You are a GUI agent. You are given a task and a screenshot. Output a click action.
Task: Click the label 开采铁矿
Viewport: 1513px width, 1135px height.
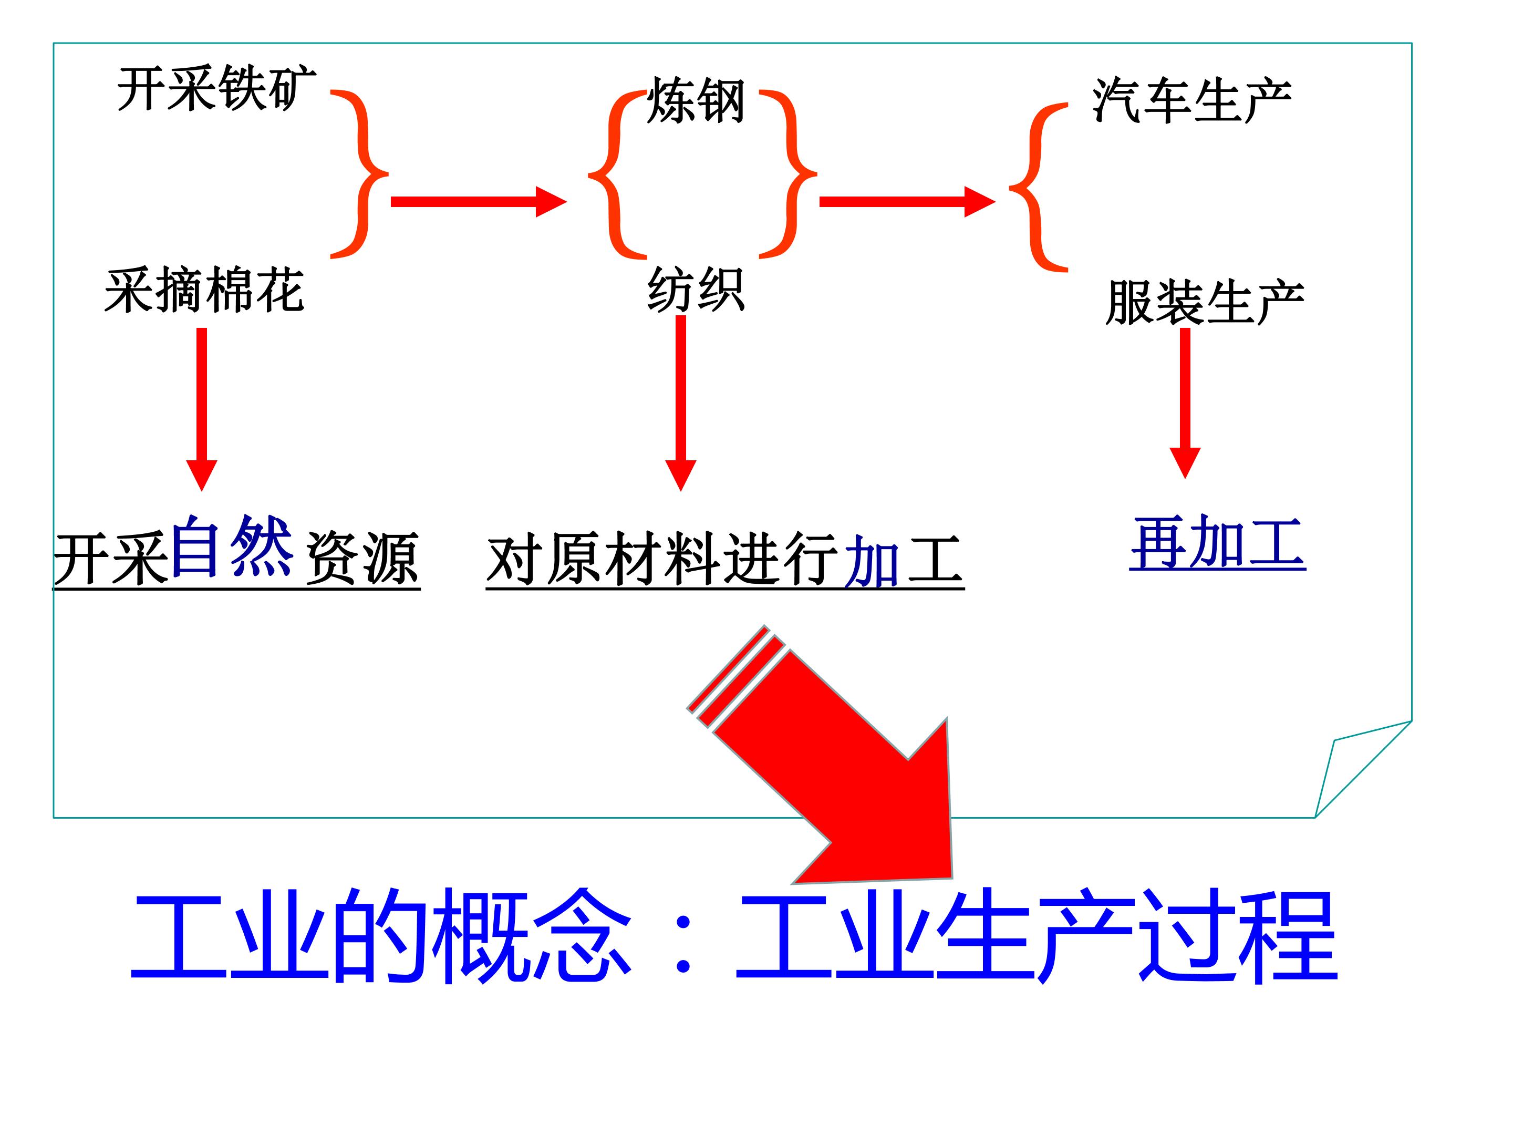[217, 89]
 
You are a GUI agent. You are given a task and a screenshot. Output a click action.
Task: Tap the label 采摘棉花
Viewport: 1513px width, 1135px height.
[204, 290]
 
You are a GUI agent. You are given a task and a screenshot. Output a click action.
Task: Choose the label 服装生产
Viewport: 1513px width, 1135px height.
[1205, 302]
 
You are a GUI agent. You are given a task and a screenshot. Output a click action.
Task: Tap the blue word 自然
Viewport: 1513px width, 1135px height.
[232, 546]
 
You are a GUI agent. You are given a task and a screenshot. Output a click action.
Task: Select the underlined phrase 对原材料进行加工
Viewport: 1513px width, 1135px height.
[725, 560]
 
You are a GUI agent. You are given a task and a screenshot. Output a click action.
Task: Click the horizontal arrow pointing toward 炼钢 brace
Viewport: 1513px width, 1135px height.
[479, 202]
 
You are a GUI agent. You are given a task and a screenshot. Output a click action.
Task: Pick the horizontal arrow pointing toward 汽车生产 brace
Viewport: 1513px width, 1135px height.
[907, 202]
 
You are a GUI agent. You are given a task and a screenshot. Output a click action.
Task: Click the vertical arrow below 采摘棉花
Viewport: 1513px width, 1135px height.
[202, 409]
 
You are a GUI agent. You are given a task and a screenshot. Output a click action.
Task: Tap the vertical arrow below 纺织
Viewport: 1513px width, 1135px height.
[680, 404]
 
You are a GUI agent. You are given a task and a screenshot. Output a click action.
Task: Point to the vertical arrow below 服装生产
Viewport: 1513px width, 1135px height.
[1185, 404]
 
